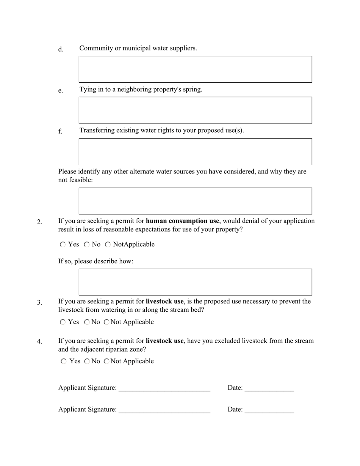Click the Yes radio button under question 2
coord(63,245)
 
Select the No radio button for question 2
coord(87,245)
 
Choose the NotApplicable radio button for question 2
coord(108,245)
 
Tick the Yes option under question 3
coord(63,322)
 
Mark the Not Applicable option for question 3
coord(106,322)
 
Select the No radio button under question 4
coord(87,361)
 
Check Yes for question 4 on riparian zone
coord(64,361)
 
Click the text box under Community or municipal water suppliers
coord(195,69)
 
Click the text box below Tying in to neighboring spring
coord(195,110)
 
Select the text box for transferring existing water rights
coord(195,152)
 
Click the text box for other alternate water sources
coord(195,201)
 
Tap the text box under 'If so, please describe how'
coord(195,282)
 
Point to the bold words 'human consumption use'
coord(182,221)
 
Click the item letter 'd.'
coord(61,50)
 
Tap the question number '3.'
coord(40,302)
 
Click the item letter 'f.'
coord(60,131)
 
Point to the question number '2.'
coord(40,222)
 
